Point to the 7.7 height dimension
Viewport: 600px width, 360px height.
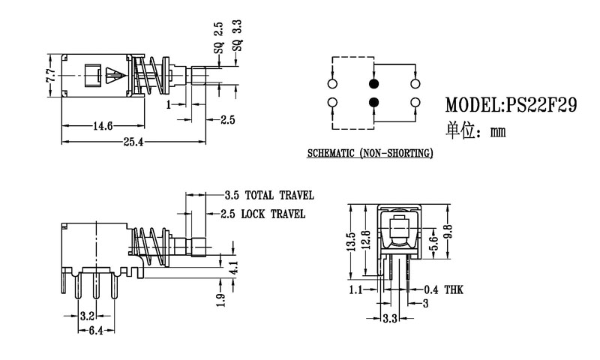pyautogui.click(x=49, y=75)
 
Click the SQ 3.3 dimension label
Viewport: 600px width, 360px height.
pyautogui.click(x=237, y=34)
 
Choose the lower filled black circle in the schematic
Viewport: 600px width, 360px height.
pyautogui.click(x=374, y=102)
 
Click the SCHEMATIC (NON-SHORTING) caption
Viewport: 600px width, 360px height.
pyautogui.click(x=370, y=154)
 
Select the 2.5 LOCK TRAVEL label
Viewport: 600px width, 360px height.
pyautogui.click(x=263, y=214)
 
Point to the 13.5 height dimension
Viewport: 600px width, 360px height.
pyautogui.click(x=349, y=243)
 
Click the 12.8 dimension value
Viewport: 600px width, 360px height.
pyautogui.click(x=365, y=241)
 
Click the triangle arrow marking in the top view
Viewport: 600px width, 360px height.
pyautogui.click(x=113, y=76)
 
